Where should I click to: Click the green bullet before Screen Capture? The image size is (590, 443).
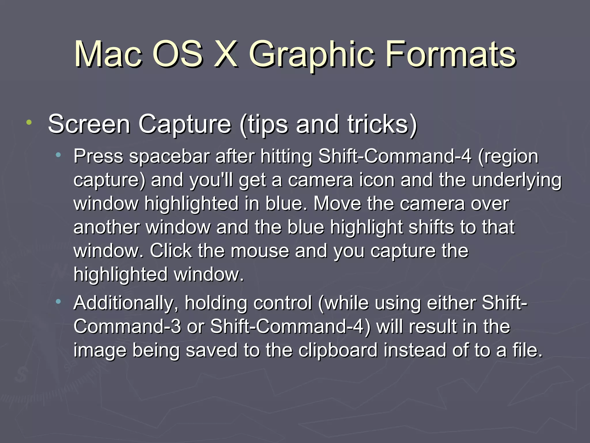pos(29,122)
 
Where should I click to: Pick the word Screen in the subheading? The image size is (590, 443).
pos(89,124)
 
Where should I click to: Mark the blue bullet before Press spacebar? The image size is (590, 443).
pos(58,155)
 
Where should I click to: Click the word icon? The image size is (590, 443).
pos(377,180)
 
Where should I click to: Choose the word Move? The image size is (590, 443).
pos(337,204)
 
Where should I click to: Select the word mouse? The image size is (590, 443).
pos(260,251)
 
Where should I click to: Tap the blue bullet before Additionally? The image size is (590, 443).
pos(58,301)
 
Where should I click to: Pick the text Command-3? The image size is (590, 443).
pos(127,326)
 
